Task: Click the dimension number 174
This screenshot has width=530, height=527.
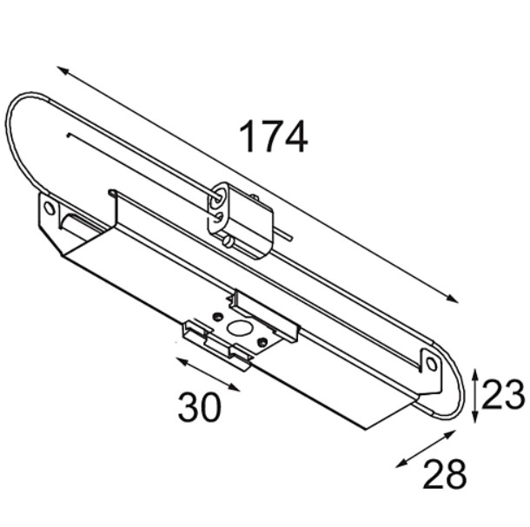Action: (274, 136)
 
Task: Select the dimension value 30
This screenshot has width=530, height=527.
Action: (200, 406)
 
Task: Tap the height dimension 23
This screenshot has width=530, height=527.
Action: (503, 394)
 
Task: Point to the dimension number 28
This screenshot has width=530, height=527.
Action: (445, 473)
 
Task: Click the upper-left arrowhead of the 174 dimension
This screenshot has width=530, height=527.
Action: (63, 70)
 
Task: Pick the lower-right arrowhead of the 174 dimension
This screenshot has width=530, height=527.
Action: (453, 299)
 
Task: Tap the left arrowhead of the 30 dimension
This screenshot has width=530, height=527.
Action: (182, 361)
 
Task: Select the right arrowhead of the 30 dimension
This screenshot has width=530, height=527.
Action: (235, 387)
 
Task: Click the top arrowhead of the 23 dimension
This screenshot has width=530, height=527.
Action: (475, 374)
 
